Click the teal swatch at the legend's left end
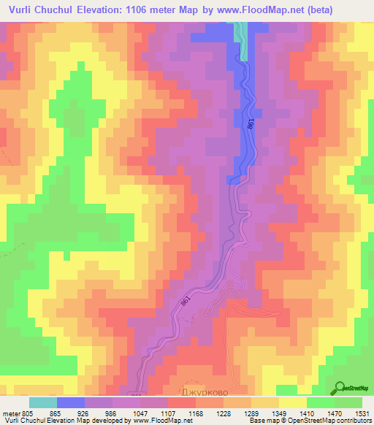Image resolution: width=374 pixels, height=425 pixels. click(43, 402)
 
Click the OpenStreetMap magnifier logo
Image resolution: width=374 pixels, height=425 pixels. click(341, 388)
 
